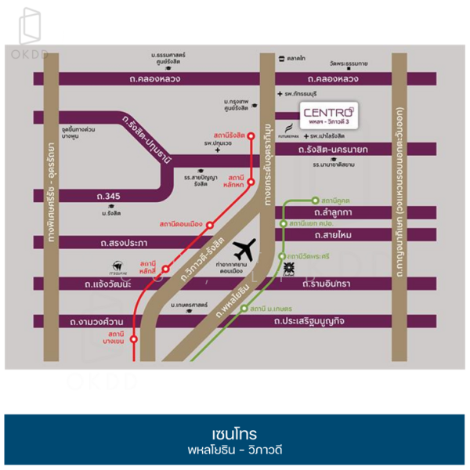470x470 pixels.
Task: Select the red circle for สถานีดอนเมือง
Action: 209,225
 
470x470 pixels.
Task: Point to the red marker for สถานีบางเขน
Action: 133,339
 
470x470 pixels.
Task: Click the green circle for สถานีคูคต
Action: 315,201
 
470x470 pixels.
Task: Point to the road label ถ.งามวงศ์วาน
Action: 92,321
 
